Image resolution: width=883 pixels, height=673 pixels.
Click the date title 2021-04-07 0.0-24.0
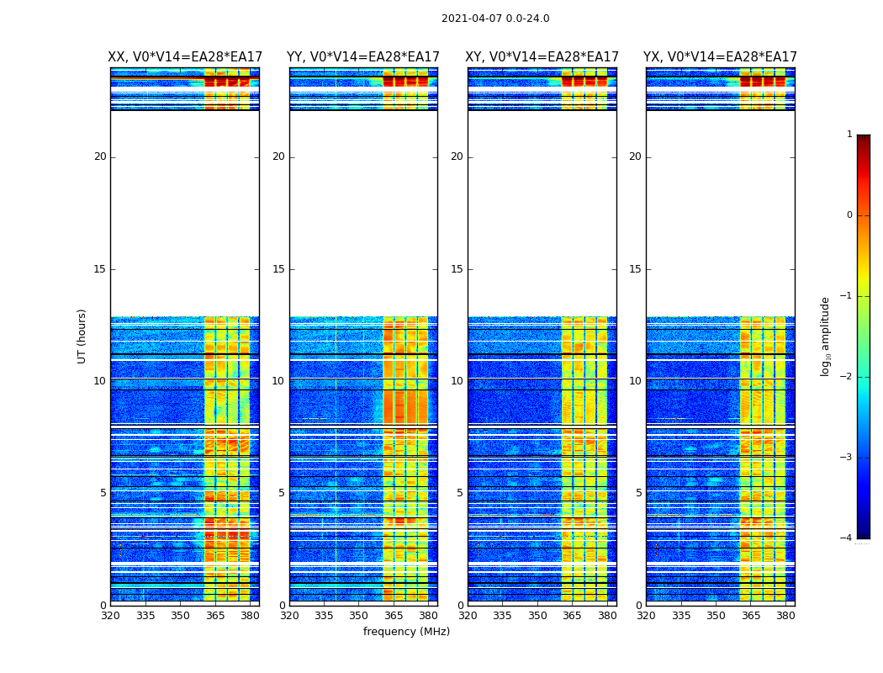click(x=495, y=19)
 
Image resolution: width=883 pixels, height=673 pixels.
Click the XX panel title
click(x=185, y=57)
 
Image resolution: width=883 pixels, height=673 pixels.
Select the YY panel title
click(x=363, y=57)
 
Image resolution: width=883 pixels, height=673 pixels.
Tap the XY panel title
click(x=542, y=57)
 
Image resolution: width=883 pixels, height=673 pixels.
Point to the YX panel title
click(x=720, y=57)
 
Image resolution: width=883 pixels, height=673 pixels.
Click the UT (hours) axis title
click(x=82, y=336)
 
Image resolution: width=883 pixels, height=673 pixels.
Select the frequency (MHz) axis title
click(x=406, y=632)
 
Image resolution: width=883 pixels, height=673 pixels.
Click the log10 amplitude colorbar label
click(x=826, y=336)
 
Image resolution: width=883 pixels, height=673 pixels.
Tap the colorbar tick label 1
click(x=849, y=135)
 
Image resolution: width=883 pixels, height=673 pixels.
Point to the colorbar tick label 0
click(x=849, y=215)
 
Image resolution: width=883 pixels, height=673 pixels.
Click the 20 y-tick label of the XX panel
click(x=100, y=156)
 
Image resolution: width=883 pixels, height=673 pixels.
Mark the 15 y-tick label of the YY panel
click(x=278, y=269)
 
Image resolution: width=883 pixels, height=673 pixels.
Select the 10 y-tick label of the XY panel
click(x=457, y=381)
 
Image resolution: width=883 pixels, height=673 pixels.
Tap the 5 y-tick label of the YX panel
click(x=638, y=493)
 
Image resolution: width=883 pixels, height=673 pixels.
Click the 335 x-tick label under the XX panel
click(x=145, y=616)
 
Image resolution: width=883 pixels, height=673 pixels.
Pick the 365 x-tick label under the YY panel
click(x=394, y=616)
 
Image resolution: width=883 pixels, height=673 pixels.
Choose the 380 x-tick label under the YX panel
click(x=785, y=616)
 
